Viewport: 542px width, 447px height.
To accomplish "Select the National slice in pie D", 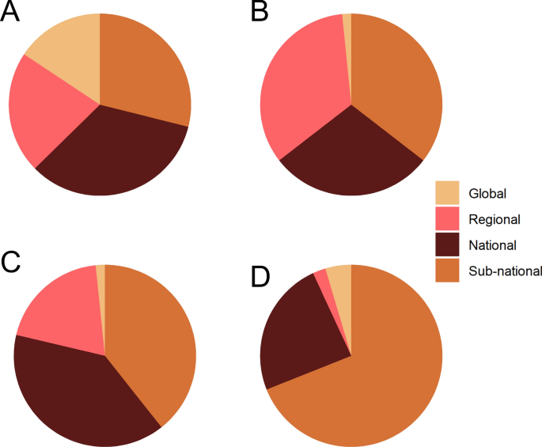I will point(305,332).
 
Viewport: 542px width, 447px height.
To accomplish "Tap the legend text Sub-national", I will point(505,271).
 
